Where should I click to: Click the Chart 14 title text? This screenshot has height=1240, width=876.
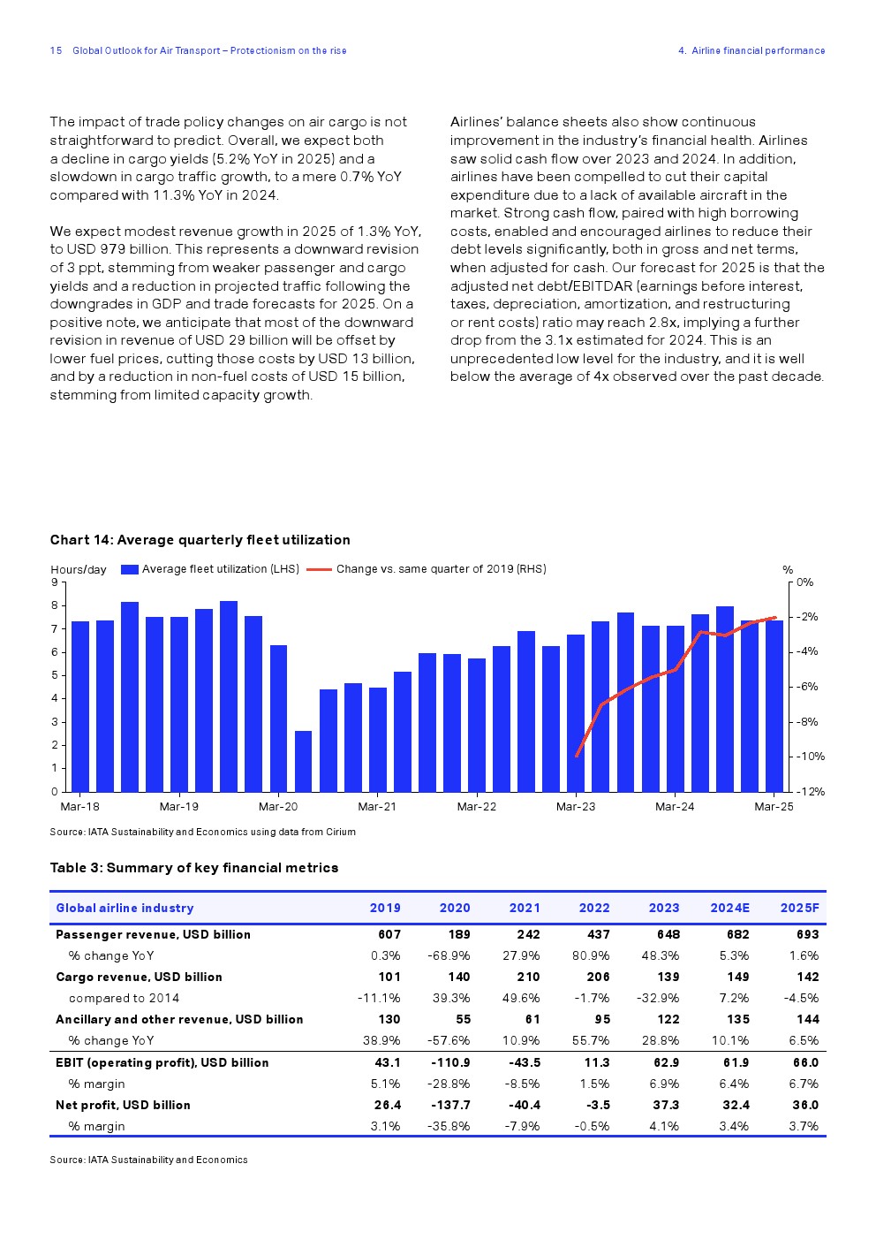200,540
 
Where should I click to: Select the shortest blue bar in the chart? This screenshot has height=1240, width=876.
303,761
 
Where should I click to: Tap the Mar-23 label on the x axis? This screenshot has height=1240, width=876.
576,806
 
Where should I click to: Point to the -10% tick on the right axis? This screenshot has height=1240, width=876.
810,757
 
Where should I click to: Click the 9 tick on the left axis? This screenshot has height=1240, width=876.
55,582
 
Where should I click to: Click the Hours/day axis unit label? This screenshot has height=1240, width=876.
79,570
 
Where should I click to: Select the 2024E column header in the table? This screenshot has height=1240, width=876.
729,908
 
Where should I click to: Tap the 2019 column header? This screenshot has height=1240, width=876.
385,908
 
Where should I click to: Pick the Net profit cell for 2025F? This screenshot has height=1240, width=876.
804,1105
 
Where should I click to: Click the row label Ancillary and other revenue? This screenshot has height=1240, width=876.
179,1019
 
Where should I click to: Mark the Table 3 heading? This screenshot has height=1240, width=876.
194,868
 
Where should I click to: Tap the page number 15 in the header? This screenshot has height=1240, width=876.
56,51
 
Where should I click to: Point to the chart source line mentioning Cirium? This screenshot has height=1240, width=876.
202,832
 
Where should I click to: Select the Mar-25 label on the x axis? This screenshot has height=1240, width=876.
774,806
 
